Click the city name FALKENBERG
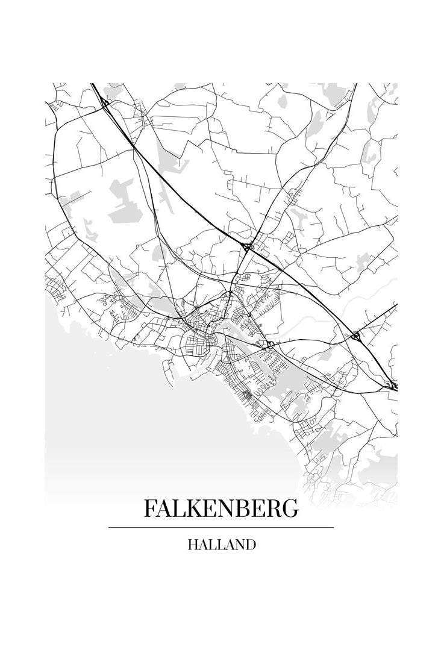221,508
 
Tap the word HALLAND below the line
221,545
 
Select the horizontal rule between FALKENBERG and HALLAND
221,527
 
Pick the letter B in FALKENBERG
250,508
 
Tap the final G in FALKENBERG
290,508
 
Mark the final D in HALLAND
251,545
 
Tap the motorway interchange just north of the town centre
247,245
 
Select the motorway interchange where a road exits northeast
357,336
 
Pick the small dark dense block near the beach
246,396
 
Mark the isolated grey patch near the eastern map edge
364,261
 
